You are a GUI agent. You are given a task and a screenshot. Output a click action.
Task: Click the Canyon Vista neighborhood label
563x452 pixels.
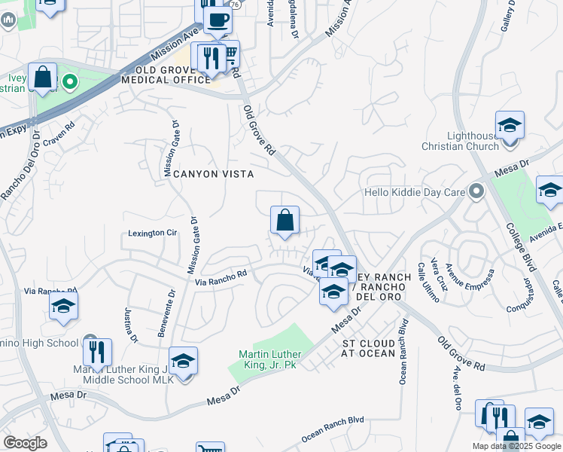point(213,174)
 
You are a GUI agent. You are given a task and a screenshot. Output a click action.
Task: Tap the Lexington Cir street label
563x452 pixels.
point(151,234)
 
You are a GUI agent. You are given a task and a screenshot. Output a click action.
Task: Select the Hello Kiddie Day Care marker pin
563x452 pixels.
point(475,191)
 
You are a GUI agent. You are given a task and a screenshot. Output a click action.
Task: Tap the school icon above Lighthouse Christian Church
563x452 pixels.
point(510,124)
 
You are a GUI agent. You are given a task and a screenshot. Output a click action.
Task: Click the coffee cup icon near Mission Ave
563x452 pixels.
point(218,20)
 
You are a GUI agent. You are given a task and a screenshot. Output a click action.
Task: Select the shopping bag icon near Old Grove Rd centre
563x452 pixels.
point(285,221)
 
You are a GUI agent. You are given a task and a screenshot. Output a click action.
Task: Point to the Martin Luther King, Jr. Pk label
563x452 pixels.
point(270,359)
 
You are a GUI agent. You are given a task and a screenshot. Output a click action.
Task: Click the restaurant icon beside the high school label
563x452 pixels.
point(97,352)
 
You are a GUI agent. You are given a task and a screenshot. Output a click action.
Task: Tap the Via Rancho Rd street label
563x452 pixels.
point(221,281)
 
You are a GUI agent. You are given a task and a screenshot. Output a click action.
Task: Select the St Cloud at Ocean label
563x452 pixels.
point(369,347)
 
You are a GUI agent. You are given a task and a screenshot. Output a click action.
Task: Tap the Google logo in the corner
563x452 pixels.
point(26,442)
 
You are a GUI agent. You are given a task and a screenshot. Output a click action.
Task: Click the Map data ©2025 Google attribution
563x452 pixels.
point(517,446)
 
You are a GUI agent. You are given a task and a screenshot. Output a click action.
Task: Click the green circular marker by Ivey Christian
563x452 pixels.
point(70,81)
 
